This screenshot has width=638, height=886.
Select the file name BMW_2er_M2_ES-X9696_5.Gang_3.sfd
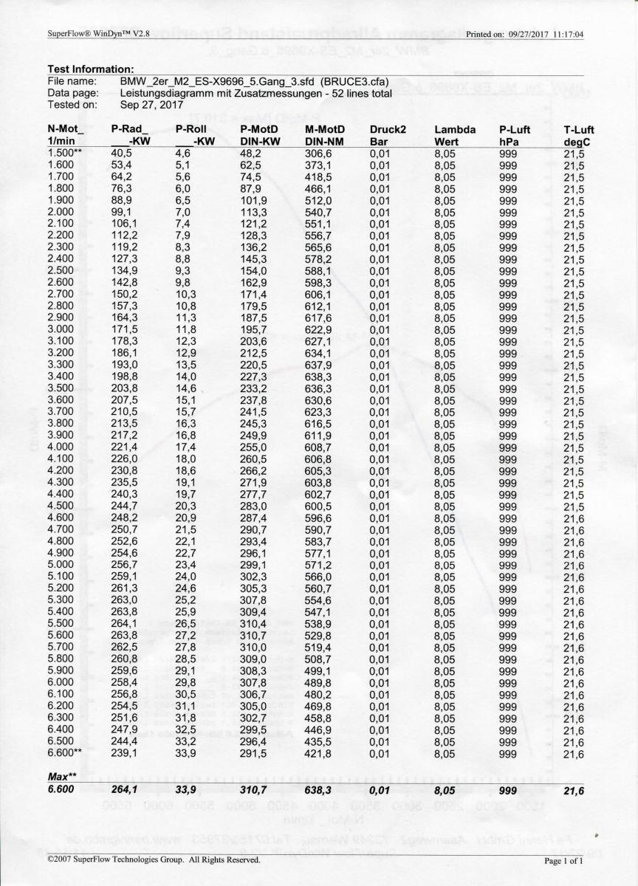209,80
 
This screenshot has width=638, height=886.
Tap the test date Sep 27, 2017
151,105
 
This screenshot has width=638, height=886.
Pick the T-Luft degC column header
579,136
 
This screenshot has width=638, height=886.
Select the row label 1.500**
65,154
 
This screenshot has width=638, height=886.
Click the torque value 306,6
319,154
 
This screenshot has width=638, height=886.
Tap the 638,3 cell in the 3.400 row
319,377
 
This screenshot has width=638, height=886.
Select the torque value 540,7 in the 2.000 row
319,213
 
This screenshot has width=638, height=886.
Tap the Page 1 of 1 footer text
564,861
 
